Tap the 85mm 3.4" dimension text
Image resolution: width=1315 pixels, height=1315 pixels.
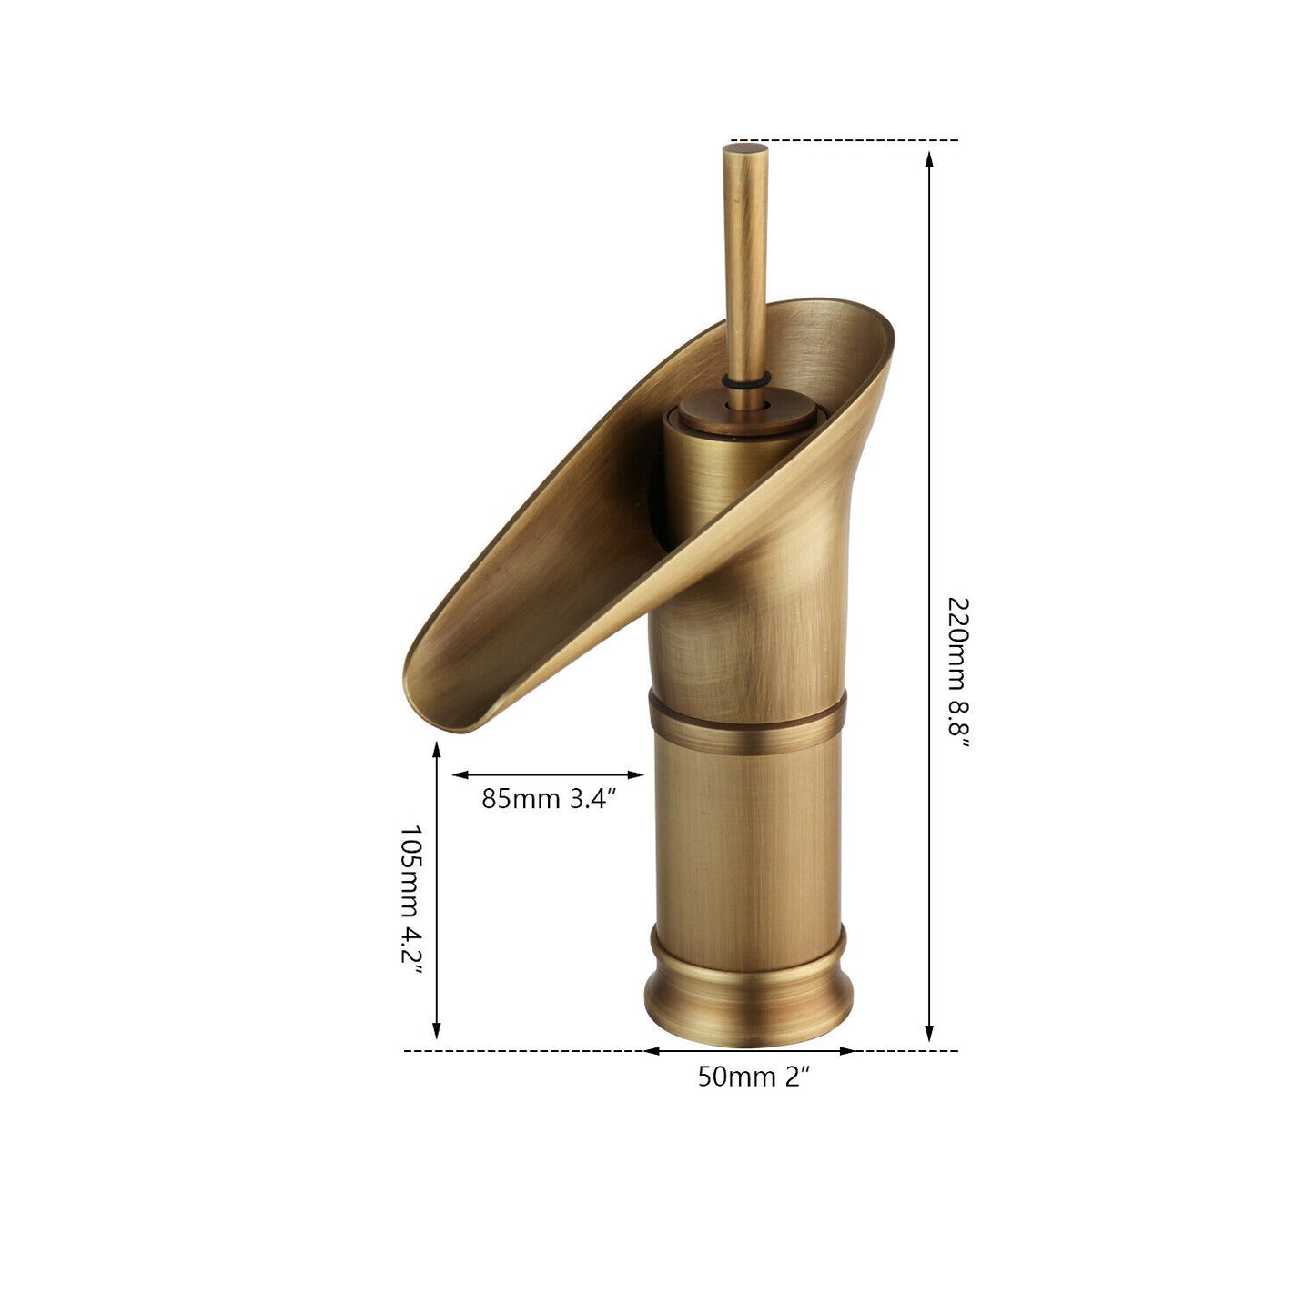click(549, 799)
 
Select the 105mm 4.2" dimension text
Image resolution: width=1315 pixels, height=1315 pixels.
click(412, 899)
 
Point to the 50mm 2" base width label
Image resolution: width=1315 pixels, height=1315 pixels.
click(754, 1077)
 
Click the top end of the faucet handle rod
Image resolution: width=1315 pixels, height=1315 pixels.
click(745, 148)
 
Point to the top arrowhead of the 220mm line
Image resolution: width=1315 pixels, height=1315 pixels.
click(929, 158)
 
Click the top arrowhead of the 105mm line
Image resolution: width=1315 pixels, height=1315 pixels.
click(437, 750)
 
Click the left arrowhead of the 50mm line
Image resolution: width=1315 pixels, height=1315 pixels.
click(652, 1051)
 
